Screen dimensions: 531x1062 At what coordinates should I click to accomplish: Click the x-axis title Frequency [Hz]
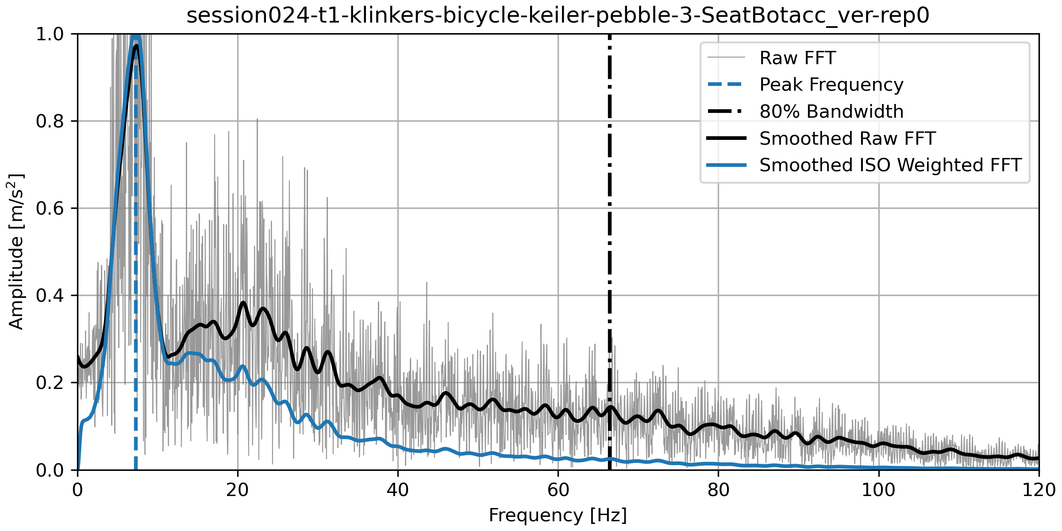click(x=558, y=516)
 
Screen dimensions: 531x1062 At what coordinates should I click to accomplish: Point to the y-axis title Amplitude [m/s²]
click(x=16, y=251)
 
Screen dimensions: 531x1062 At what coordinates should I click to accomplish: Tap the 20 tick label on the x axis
click(x=238, y=490)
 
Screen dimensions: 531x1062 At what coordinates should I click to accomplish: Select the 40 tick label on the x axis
click(x=398, y=490)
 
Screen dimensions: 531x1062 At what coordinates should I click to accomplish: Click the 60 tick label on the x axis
click(x=558, y=490)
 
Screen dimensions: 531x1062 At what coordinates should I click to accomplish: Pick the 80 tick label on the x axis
click(x=718, y=490)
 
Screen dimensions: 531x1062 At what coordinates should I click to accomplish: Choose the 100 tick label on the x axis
click(x=878, y=490)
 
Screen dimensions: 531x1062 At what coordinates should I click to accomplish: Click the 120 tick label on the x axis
click(x=1039, y=490)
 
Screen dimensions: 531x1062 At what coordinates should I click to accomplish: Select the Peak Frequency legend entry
click(x=831, y=85)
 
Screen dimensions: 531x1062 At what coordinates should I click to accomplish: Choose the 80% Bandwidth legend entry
click(x=831, y=112)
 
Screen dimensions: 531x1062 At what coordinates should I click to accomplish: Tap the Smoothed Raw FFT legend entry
click(x=847, y=139)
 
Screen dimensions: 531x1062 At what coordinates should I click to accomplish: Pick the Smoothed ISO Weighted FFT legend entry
click(x=890, y=165)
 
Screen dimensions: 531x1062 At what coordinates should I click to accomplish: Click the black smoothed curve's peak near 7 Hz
click(x=136, y=46)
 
